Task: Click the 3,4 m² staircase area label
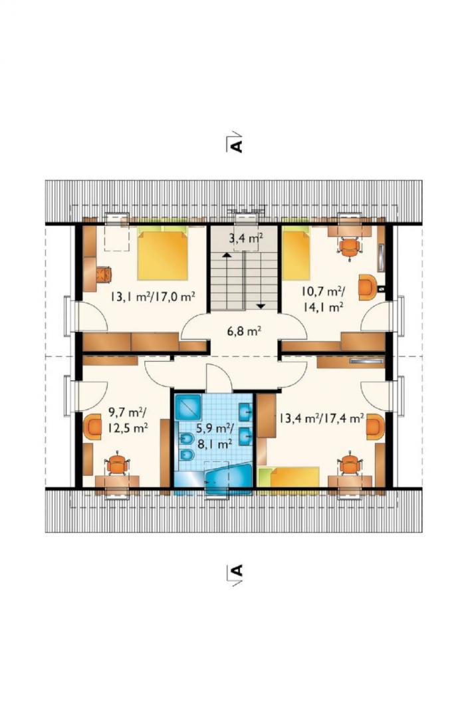[x=245, y=237]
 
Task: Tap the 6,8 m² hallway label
[x=245, y=330]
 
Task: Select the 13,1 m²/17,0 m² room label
[x=152, y=297]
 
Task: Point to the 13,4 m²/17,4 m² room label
[x=322, y=418]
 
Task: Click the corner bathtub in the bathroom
[x=228, y=479]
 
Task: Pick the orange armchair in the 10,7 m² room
[x=368, y=287]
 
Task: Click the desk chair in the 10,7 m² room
[x=350, y=248]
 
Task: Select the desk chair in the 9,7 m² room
[x=118, y=464]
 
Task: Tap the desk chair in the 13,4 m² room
[x=350, y=464]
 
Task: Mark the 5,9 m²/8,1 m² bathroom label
[x=215, y=435]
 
